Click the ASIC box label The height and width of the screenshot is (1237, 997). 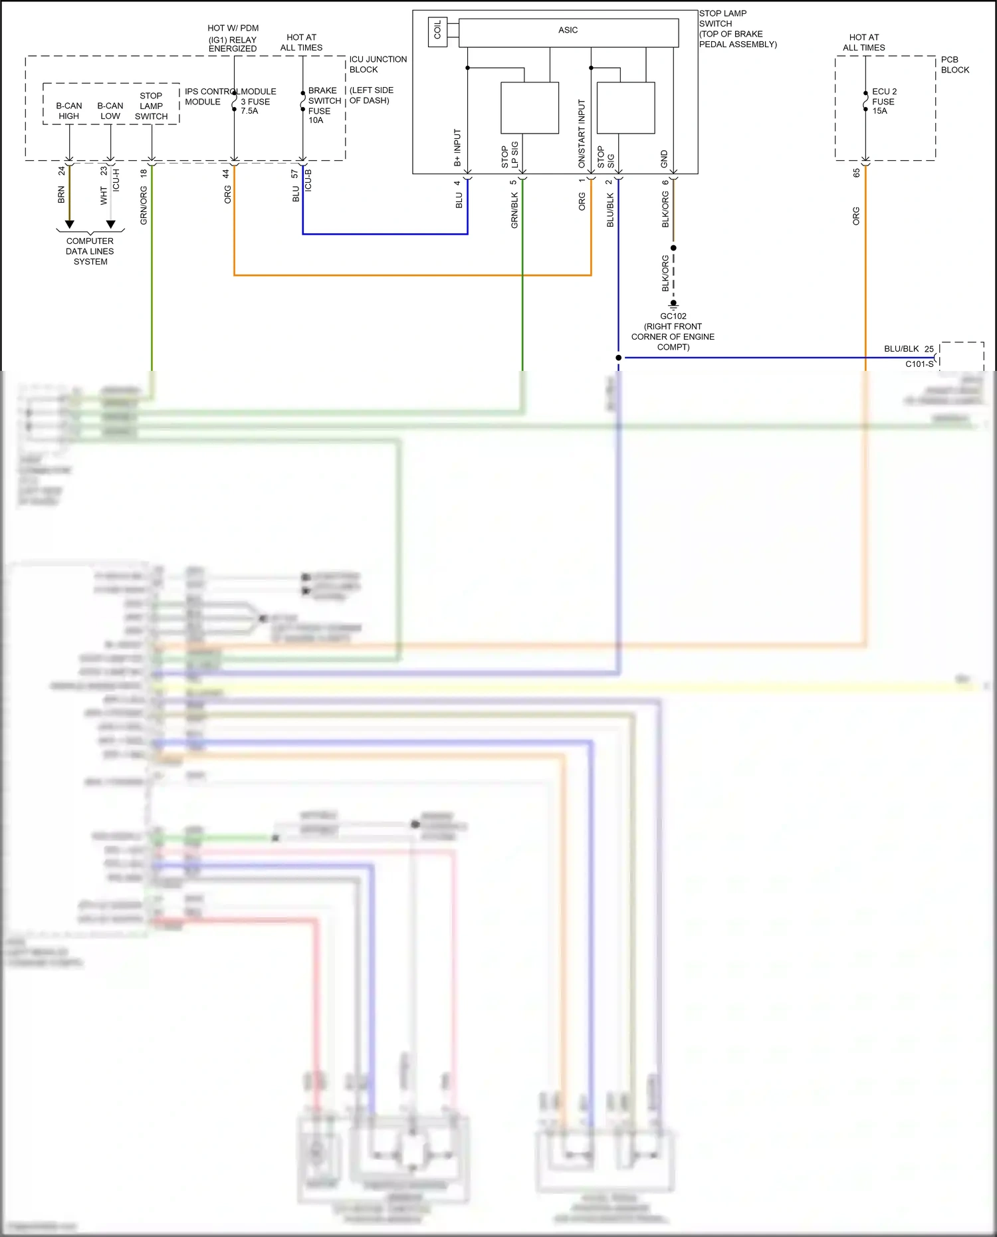(568, 30)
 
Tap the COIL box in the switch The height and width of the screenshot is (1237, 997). (437, 30)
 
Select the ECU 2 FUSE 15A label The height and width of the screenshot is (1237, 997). (884, 101)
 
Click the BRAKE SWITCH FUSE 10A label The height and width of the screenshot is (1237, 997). (324, 105)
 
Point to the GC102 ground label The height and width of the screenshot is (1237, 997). (673, 316)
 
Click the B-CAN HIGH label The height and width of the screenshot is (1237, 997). (69, 111)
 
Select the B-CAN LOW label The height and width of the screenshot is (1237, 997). (110, 111)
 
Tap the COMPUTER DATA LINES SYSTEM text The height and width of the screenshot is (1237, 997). (90, 251)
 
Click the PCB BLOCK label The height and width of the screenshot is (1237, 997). (954, 64)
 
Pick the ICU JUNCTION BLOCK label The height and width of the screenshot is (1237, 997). (378, 64)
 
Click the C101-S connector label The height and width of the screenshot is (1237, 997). (919, 364)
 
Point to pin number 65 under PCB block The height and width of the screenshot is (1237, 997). (856, 173)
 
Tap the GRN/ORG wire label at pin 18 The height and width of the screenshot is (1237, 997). (144, 205)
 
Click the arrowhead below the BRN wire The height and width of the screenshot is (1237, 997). (69, 225)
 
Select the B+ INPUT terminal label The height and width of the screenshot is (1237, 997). (457, 148)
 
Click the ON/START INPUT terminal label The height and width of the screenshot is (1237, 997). (582, 134)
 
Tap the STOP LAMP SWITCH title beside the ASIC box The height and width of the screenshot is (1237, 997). (722, 19)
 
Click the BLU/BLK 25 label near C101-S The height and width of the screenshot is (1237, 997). (909, 349)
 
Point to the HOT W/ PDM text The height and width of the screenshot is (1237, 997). (233, 28)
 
